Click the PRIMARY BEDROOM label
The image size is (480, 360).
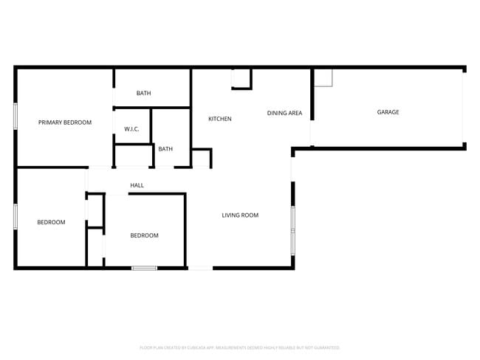[65, 122]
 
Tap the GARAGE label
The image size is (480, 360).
[388, 112]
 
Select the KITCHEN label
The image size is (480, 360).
[219, 119]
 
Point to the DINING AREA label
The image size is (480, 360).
[284, 113]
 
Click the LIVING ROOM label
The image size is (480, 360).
[240, 215]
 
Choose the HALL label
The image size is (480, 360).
[137, 185]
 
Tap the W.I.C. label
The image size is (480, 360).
[131, 129]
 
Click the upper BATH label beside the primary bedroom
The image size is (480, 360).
[143, 93]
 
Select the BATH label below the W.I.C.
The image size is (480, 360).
[165, 149]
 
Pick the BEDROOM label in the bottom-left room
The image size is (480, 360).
[51, 222]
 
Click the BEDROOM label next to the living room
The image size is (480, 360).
[144, 235]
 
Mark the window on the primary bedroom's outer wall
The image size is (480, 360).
[16, 117]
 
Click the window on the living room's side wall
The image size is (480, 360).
[292, 229]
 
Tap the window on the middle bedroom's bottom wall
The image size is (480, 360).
[144, 267]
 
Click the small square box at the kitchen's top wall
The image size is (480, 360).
[241, 78]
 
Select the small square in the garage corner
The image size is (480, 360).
[323, 77]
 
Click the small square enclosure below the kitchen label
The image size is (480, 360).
[201, 157]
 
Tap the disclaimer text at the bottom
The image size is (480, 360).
[240, 347]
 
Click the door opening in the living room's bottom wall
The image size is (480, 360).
[199, 267]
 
